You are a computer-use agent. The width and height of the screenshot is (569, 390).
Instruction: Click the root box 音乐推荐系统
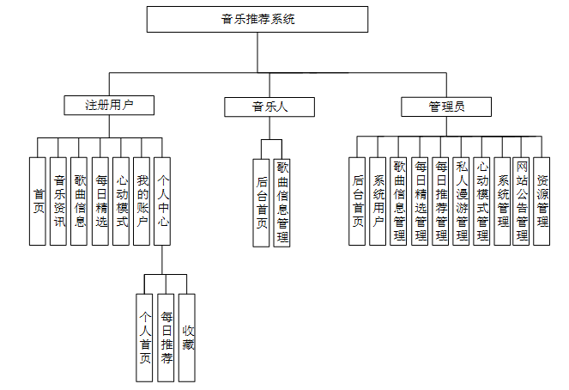tap(257, 19)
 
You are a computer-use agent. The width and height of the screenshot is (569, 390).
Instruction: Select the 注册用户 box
tap(109, 106)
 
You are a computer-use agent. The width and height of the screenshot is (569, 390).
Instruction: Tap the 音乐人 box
tap(269, 107)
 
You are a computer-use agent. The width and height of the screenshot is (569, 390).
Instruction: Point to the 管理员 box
tap(446, 107)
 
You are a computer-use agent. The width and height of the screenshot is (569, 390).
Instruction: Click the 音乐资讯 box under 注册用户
tap(58, 201)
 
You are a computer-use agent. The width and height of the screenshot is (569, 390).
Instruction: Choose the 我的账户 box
tap(142, 201)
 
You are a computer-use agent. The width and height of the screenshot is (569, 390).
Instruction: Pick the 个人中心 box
tap(162, 201)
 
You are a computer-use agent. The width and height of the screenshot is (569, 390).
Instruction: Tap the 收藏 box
tap(187, 338)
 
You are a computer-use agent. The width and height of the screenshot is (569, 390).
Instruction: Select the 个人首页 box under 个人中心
tap(144, 338)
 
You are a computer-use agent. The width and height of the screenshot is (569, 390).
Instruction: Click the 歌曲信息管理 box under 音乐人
tap(282, 203)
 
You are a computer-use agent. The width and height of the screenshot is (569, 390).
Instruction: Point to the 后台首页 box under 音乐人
tap(261, 203)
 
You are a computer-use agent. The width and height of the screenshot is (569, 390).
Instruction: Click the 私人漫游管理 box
tap(461, 201)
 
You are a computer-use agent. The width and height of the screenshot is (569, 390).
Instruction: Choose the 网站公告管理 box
tap(521, 201)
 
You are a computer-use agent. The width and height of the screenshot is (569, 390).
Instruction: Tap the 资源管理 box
tap(542, 201)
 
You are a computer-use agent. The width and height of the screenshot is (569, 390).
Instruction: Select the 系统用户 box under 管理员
tap(378, 201)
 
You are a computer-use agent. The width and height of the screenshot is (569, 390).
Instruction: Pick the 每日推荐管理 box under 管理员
tap(440, 201)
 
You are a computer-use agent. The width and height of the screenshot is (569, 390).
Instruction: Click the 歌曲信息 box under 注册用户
tap(79, 201)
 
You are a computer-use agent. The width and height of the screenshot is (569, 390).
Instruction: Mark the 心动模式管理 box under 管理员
tap(482, 201)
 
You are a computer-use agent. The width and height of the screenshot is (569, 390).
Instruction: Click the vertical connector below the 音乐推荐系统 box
tap(257, 52)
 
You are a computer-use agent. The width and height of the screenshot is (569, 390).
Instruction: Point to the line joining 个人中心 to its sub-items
tap(162, 259)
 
